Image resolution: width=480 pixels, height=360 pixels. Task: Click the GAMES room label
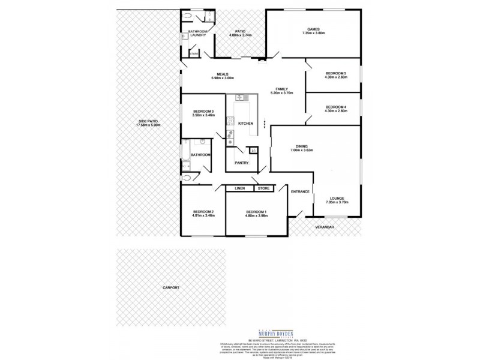(313, 29)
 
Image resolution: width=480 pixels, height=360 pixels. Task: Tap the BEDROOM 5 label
(335, 73)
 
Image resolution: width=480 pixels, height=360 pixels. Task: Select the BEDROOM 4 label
(335, 107)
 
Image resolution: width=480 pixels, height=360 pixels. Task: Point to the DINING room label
(302, 146)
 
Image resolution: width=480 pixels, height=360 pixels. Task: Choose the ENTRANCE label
(300, 191)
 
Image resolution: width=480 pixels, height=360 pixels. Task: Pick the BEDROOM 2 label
(203, 211)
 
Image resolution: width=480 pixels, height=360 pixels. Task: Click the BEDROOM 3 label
(203, 112)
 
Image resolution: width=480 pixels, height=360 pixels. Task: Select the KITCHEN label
(246, 124)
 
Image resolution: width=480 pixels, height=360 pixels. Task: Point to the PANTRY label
(242, 163)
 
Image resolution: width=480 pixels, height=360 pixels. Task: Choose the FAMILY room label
(281, 89)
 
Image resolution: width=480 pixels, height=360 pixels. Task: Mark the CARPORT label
(171, 288)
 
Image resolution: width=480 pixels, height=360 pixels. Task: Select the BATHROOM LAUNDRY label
(197, 33)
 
